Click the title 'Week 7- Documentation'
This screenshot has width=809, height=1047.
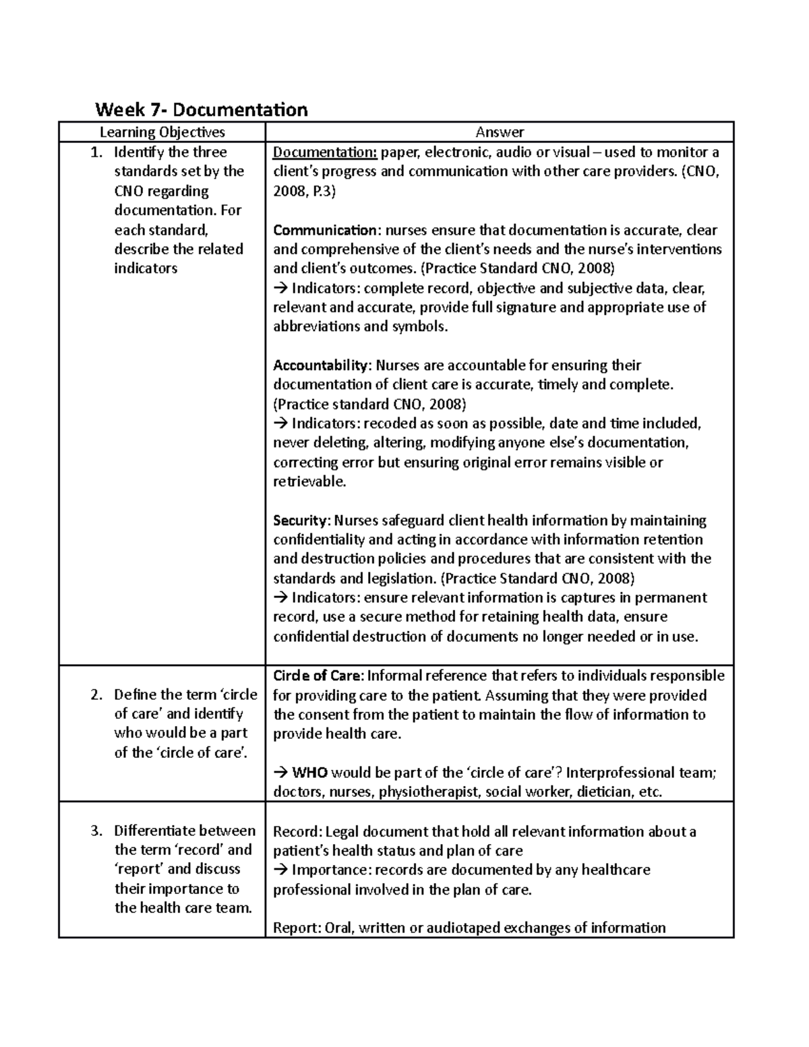[x=201, y=109]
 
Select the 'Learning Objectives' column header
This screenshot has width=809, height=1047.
[x=162, y=132]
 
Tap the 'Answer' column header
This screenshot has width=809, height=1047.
[x=500, y=132]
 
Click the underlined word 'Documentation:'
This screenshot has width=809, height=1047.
[x=325, y=152]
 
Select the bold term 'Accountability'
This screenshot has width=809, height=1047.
[x=322, y=365]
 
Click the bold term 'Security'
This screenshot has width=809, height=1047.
[x=301, y=520]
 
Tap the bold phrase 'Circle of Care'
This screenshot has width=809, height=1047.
[x=318, y=676]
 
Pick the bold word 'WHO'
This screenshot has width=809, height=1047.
[x=310, y=773]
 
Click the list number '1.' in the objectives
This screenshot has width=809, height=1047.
[x=97, y=152]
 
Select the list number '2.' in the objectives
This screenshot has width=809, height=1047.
[x=97, y=694]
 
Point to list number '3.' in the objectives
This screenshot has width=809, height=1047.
[x=97, y=831]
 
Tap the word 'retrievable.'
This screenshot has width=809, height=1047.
[x=309, y=481]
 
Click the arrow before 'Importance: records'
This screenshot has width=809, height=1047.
[x=280, y=870]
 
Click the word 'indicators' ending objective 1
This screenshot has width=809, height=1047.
[x=146, y=268]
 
